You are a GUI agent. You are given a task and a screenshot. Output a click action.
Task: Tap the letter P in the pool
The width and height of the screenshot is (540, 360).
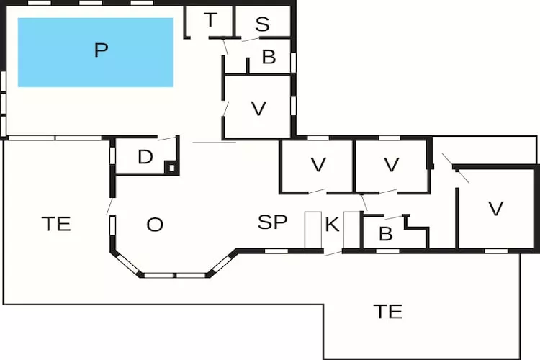click(x=101, y=50)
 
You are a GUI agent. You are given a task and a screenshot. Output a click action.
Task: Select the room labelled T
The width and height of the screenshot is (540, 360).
click(x=210, y=21)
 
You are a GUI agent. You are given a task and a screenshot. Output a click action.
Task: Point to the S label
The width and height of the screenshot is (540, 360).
click(x=262, y=24)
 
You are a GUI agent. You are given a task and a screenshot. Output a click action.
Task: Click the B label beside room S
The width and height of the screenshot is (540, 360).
click(x=269, y=58)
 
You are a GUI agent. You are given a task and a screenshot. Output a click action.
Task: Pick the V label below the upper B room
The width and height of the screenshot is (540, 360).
click(x=258, y=109)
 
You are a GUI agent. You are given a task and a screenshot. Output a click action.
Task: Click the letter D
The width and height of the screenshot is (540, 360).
click(x=145, y=157)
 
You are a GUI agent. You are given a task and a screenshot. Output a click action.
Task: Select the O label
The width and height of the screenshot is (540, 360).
click(x=155, y=225)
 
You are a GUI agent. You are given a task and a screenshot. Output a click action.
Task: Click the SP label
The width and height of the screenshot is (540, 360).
click(x=273, y=222)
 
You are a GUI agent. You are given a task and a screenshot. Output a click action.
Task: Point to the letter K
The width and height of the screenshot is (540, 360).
click(x=332, y=225)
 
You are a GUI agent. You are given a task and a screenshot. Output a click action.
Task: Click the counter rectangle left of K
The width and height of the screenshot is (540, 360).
click(x=313, y=230)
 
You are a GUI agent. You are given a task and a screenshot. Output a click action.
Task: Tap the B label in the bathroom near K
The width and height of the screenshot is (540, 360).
click(x=385, y=235)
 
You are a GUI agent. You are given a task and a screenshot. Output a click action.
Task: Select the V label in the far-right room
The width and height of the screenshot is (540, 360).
click(x=495, y=209)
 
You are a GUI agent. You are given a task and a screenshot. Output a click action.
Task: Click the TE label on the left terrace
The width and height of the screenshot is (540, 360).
click(x=56, y=224)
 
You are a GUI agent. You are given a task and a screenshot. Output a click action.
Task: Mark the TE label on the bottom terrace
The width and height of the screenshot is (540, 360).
click(x=387, y=312)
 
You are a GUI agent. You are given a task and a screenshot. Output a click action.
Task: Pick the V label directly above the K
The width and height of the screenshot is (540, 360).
click(x=318, y=165)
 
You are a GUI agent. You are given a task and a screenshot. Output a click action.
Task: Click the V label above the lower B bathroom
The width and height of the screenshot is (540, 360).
click(x=391, y=165)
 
